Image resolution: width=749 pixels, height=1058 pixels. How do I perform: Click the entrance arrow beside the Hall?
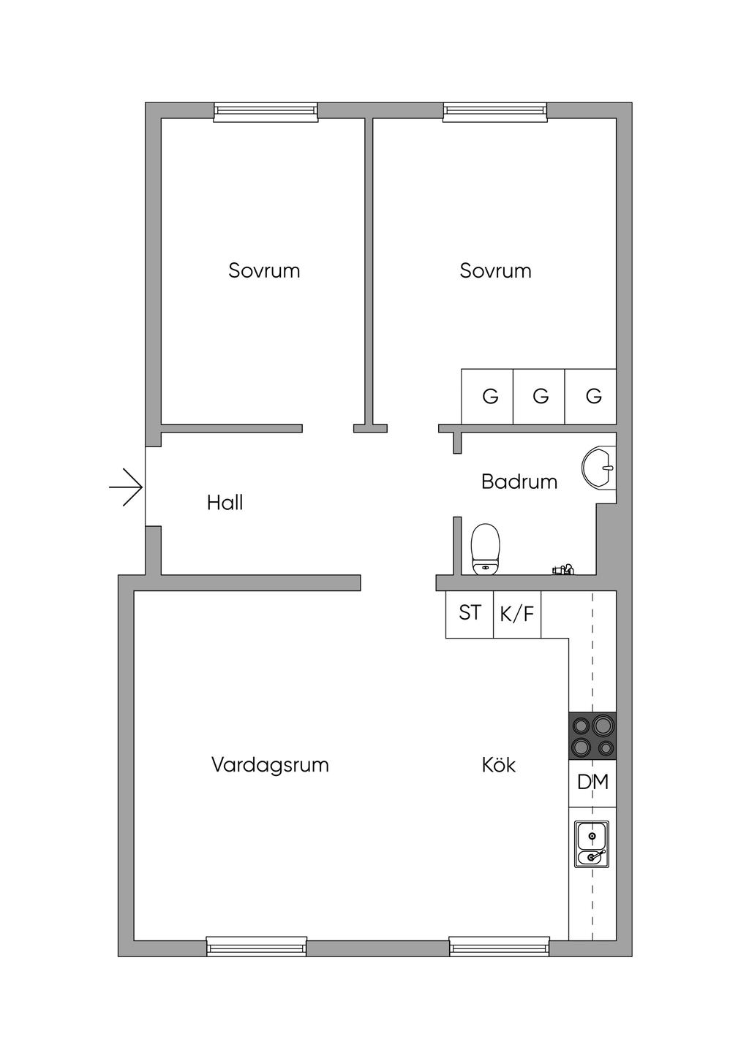tap(126, 487)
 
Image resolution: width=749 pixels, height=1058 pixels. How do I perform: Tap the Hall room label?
tap(225, 503)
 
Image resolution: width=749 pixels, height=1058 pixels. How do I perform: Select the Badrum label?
tap(519, 482)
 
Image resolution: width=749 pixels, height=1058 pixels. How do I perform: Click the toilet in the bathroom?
tap(486, 549)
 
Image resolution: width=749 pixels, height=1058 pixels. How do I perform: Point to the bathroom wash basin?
tap(599, 468)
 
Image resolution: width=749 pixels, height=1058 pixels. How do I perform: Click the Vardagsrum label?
tap(270, 764)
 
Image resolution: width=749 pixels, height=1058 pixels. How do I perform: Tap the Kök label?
tap(499, 764)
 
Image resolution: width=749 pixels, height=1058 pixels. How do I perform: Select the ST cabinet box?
tap(470, 614)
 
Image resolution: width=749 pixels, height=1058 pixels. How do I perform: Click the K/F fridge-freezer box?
tap(517, 614)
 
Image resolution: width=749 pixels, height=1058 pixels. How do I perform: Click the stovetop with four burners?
tap(592, 735)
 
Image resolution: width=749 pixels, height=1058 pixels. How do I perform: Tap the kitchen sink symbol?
tap(592, 844)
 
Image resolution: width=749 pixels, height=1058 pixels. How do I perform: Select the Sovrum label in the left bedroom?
tap(264, 270)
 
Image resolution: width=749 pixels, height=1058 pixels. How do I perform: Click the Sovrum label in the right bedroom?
tap(495, 270)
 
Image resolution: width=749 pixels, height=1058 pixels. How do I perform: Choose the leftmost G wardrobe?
tap(487, 396)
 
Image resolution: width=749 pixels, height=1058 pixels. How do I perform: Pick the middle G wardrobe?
tap(539, 396)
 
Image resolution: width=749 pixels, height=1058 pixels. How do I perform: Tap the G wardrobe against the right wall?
tap(590, 396)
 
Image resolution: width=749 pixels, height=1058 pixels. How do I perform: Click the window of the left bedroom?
tap(266, 112)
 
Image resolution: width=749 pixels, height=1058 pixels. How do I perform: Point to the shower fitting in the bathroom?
tap(563, 570)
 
